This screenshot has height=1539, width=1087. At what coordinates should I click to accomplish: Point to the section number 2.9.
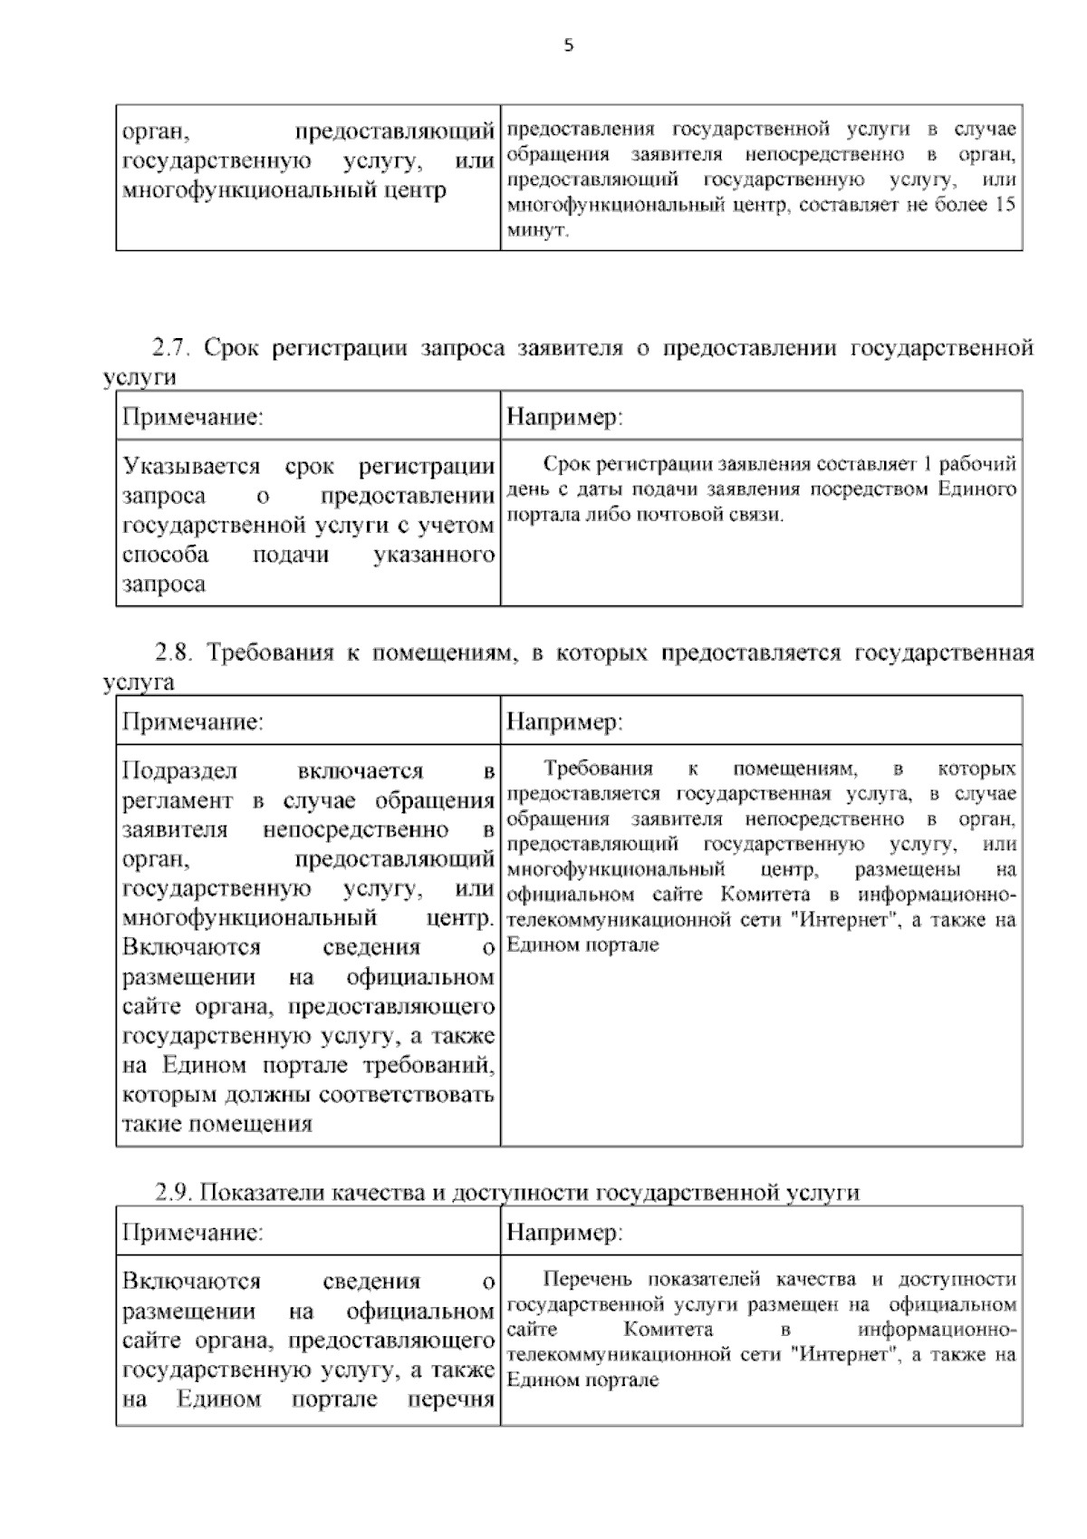click(173, 1192)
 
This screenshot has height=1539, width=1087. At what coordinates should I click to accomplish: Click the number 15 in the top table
click(1005, 205)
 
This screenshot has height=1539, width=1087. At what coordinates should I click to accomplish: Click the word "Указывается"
click(191, 467)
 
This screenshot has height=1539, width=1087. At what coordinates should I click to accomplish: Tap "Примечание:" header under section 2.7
click(192, 418)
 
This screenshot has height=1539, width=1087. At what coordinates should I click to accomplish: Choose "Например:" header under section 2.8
click(564, 722)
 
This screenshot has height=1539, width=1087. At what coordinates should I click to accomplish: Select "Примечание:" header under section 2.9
click(192, 1233)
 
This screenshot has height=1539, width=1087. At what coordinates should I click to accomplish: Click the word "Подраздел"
click(179, 771)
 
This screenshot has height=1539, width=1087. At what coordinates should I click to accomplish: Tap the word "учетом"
click(460, 526)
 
